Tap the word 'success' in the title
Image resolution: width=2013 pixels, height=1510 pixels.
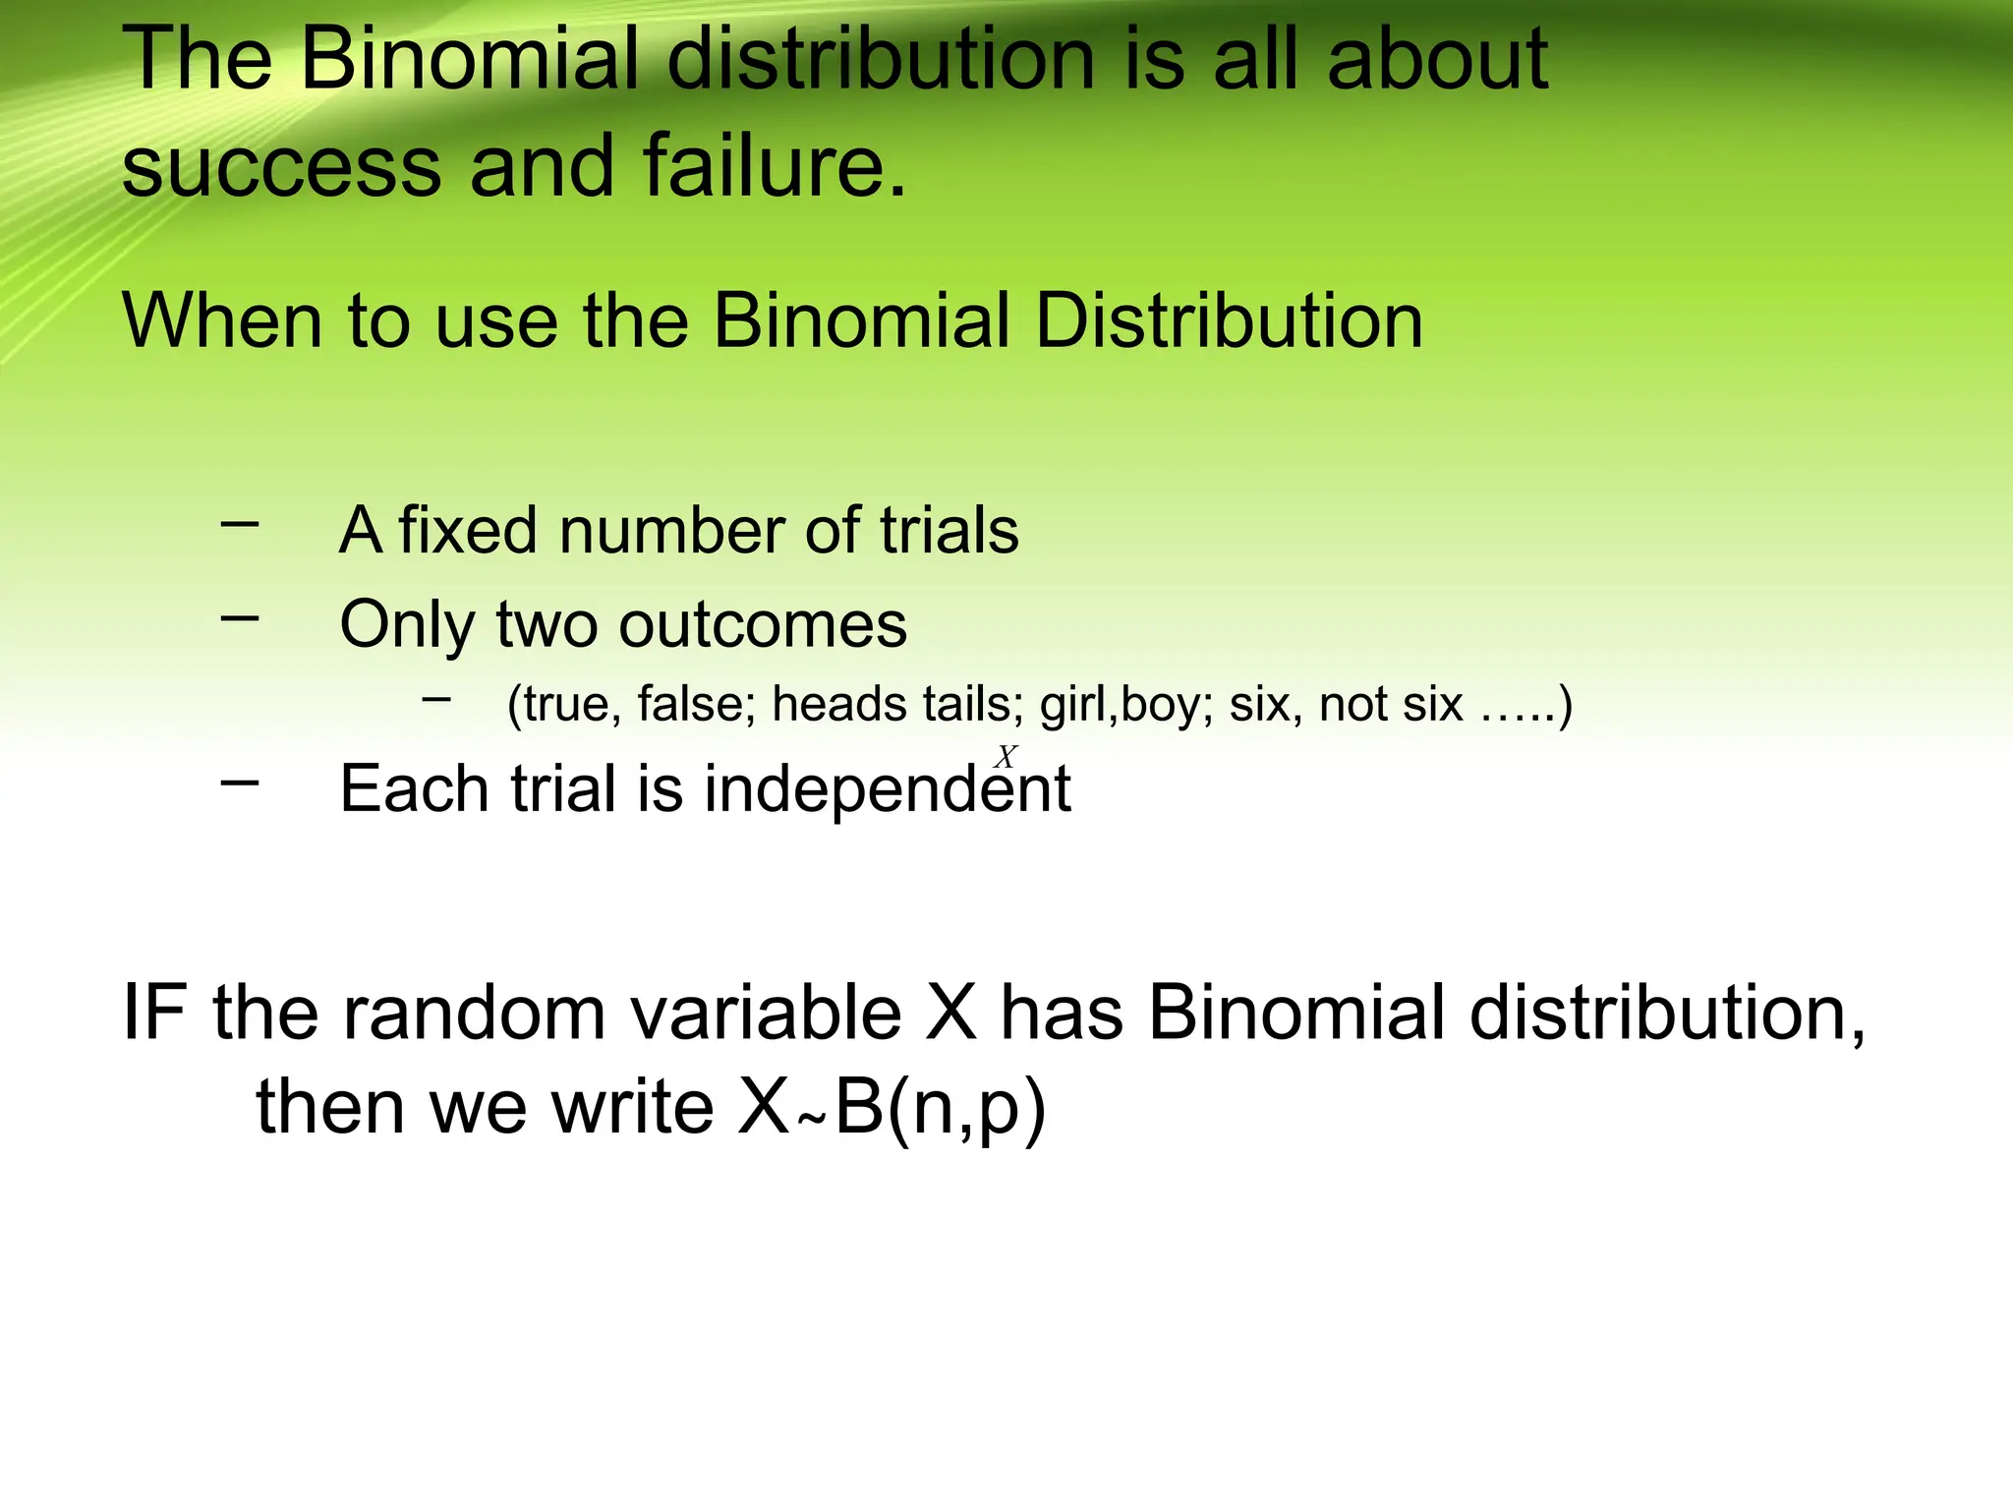[x=281, y=167]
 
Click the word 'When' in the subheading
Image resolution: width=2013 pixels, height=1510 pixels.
[x=221, y=320]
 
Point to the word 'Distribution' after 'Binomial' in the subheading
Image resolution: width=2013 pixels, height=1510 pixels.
[x=1229, y=320]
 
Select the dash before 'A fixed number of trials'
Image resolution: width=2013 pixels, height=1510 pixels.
[x=240, y=524]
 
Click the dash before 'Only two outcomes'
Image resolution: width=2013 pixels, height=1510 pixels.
[x=240, y=618]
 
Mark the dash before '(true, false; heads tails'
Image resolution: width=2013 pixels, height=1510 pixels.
[x=435, y=699]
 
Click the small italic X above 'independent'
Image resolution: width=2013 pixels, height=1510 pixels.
[x=1006, y=757]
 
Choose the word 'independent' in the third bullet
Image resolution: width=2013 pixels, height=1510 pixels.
[x=887, y=789]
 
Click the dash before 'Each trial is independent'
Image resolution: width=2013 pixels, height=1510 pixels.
[x=240, y=783]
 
